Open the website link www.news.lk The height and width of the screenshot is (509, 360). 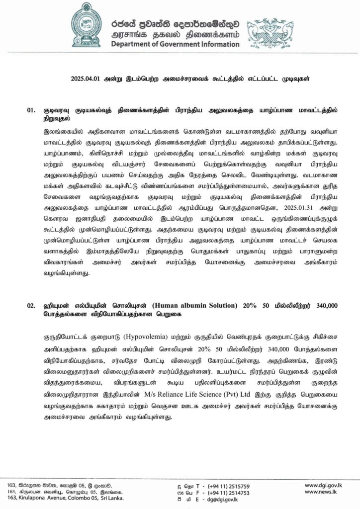pyautogui.click(x=330, y=492)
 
